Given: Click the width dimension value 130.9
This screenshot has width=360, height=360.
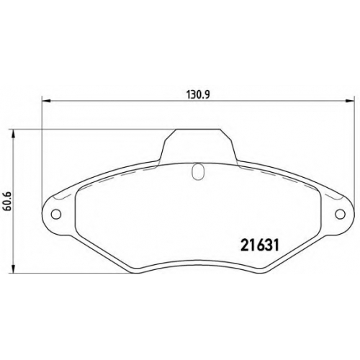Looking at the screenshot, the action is pos(198,95).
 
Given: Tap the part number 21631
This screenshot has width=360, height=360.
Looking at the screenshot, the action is pos(260,245).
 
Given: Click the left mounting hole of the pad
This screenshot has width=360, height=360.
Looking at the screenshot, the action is pos(56,214).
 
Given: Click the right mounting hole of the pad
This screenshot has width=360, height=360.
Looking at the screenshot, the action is pos(340,214).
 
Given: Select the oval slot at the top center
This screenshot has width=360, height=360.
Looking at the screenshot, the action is pos(198,172).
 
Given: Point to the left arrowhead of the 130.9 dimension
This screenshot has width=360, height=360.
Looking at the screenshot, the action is pos(46,101).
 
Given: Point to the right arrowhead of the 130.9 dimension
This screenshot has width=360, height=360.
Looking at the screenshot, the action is pos(350,101).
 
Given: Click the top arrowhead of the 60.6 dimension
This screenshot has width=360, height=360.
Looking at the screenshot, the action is pos(14,134).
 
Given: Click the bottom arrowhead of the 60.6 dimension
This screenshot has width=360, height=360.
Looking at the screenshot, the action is pos(14,269).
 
